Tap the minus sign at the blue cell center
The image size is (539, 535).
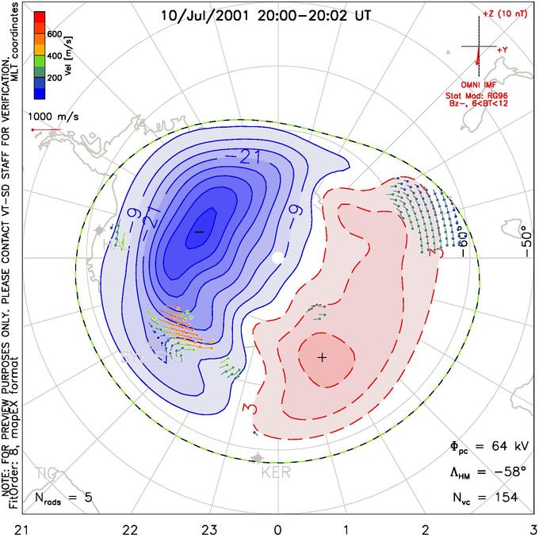click(x=199, y=231)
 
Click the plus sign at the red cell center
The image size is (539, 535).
click(x=322, y=358)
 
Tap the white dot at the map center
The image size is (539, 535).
click(x=277, y=258)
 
